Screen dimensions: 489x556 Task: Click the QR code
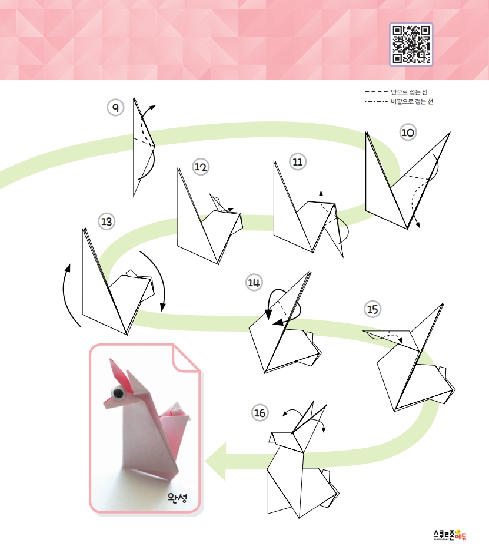click(411, 45)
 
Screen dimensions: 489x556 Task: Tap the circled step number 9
click(115, 107)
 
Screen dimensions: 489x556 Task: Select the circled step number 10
click(408, 133)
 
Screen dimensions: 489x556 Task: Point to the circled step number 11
click(298, 162)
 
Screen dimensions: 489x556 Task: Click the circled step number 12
click(201, 167)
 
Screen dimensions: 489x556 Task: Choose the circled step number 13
click(107, 221)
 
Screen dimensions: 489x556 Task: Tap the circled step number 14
click(254, 283)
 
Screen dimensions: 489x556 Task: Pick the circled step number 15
click(372, 309)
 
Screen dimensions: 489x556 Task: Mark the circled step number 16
click(260, 412)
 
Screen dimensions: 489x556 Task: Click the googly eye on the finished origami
click(118, 392)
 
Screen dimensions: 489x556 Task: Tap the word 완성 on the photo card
click(177, 498)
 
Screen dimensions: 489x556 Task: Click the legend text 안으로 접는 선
click(409, 92)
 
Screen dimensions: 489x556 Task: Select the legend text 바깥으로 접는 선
click(412, 102)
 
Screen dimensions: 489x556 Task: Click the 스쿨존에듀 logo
click(450, 535)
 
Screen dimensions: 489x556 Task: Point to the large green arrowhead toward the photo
click(215, 461)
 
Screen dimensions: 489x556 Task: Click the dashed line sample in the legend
click(377, 92)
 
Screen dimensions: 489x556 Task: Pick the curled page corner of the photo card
click(185, 358)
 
